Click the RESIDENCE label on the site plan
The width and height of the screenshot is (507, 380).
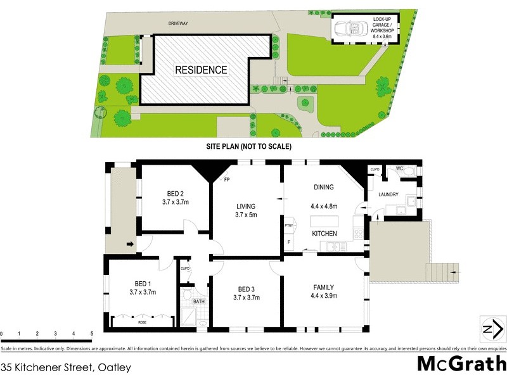click(x=201, y=70)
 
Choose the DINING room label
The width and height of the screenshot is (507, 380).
click(x=324, y=187)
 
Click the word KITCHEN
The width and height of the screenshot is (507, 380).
click(x=324, y=234)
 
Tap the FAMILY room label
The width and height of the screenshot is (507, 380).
click(x=323, y=286)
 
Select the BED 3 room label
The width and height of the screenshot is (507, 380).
click(x=247, y=289)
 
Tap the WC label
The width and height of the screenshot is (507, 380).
click(x=399, y=168)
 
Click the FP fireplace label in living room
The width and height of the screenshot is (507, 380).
click(x=226, y=180)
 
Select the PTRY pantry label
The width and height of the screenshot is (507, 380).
click(x=289, y=225)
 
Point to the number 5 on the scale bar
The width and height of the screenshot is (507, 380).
click(x=92, y=333)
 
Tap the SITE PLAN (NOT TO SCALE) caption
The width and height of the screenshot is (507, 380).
click(x=248, y=146)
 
